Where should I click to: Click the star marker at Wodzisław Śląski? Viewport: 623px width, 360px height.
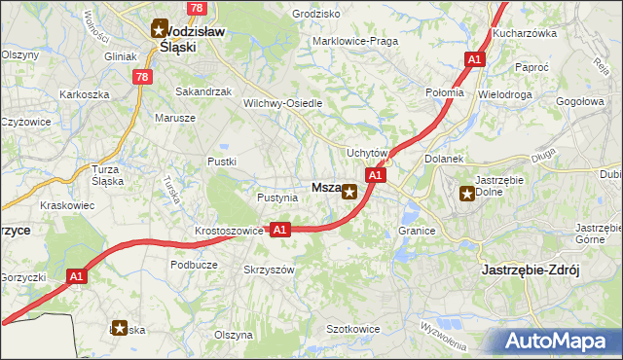pos(160,30)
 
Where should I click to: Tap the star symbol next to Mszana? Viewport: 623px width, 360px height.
pos(348,192)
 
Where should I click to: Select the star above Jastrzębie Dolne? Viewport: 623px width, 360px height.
pos(466,193)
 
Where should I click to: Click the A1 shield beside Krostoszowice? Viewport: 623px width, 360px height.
pos(279,230)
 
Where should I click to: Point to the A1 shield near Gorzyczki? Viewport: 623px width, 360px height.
pos(78,277)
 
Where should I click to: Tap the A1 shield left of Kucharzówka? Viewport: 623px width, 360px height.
pos(474,60)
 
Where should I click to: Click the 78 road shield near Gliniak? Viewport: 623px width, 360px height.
pos(143,76)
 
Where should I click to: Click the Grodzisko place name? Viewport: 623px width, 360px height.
pos(316,15)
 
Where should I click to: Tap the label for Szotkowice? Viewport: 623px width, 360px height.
pos(352,330)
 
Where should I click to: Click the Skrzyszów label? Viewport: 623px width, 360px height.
pos(269,270)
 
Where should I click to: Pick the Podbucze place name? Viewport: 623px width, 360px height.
pos(194,264)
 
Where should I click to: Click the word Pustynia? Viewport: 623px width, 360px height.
pos(276,198)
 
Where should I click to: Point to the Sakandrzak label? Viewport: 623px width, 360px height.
pos(202,91)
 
